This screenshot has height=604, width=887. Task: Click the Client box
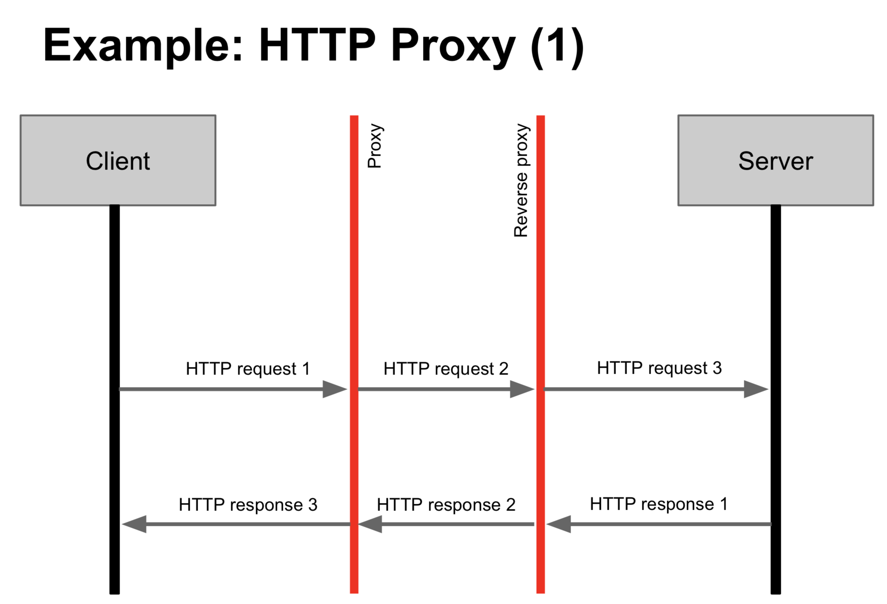tap(118, 160)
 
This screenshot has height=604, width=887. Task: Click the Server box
tap(776, 160)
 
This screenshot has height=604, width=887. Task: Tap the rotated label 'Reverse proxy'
tap(521, 180)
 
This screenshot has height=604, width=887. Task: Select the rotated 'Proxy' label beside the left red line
tap(374, 146)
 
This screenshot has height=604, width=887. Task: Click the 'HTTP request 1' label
tap(248, 369)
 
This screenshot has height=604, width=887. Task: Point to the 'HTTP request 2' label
tap(446, 369)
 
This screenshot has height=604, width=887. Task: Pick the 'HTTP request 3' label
tap(659, 368)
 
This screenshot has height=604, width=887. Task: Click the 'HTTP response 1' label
tap(659, 504)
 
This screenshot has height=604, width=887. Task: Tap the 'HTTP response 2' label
tap(446, 505)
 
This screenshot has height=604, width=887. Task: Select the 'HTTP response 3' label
tap(248, 505)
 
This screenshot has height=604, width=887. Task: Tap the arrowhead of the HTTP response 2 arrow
tap(370, 524)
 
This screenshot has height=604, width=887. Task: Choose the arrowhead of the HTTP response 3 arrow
tap(134, 524)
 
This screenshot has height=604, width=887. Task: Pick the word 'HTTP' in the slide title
tap(317, 45)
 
